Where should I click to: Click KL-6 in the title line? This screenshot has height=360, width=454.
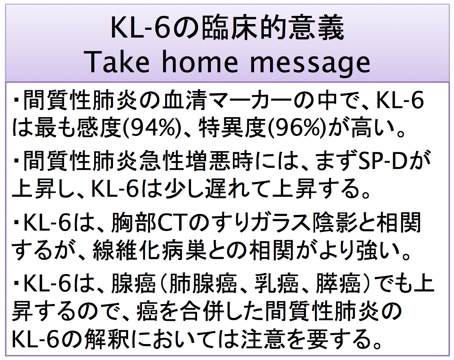[142, 29]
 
